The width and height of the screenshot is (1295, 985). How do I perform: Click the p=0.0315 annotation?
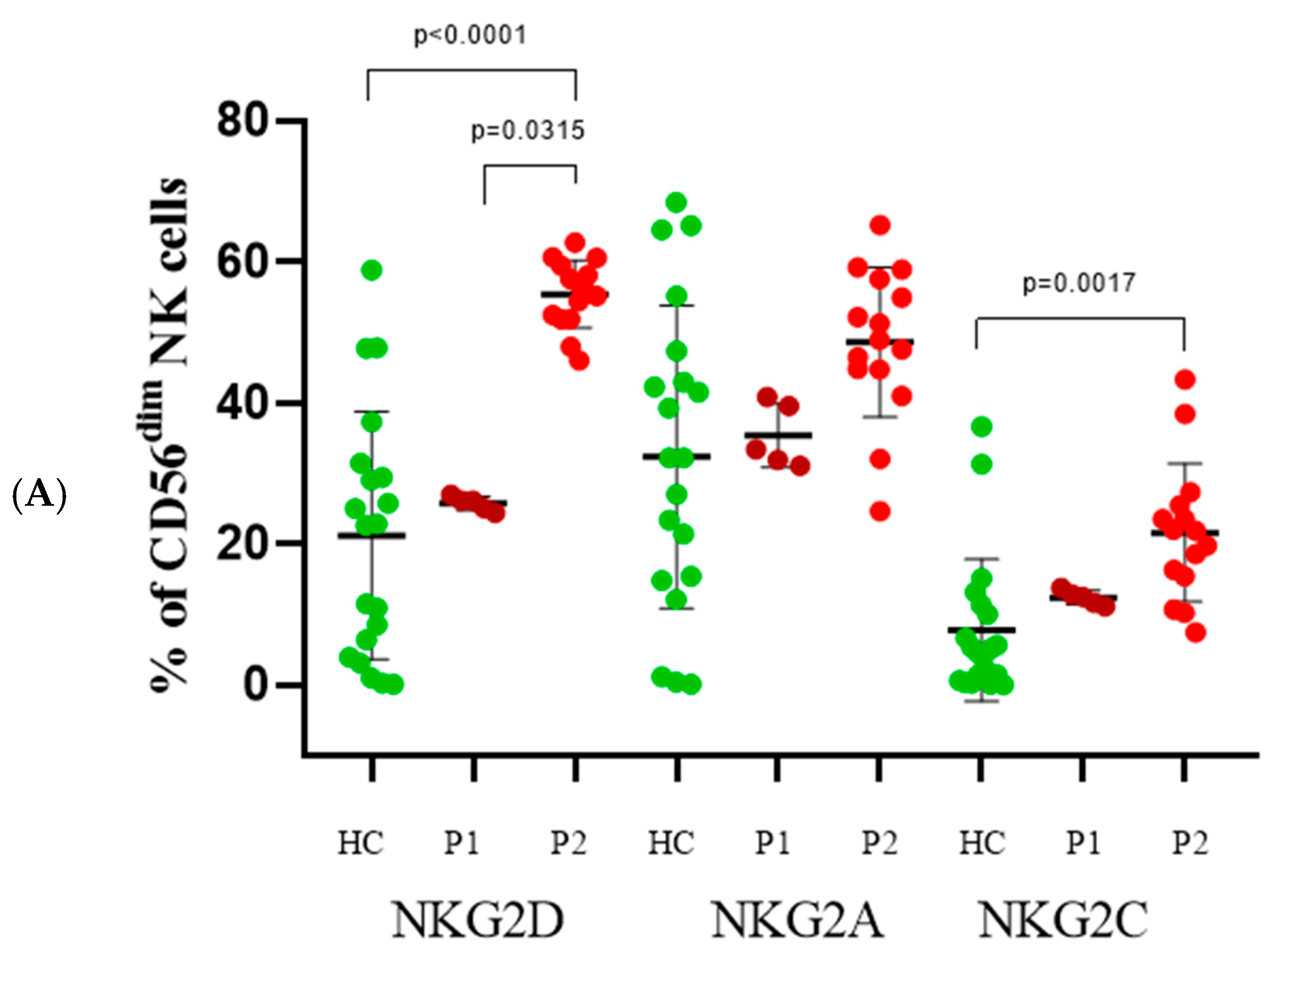click(x=528, y=131)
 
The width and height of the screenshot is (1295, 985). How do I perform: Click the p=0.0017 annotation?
click(x=1079, y=284)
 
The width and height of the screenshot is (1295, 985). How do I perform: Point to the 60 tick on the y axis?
click(x=243, y=262)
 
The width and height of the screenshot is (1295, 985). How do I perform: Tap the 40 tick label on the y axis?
click(x=243, y=404)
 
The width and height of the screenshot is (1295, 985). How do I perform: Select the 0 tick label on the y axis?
click(x=256, y=685)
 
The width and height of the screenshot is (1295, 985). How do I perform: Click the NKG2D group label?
click(x=477, y=920)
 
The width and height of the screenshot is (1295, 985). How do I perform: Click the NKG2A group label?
click(x=797, y=920)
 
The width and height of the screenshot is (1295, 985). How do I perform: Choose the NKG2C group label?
click(x=1063, y=920)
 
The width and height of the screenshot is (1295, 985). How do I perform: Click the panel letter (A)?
click(x=39, y=494)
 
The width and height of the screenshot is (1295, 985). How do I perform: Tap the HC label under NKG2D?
click(x=360, y=843)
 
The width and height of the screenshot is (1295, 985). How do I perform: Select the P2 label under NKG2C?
click(x=1190, y=843)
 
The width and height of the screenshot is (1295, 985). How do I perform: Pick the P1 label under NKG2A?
click(x=772, y=843)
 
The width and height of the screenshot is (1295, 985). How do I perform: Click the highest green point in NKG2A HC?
click(x=676, y=203)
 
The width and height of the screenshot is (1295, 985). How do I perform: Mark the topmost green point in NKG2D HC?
click(x=372, y=270)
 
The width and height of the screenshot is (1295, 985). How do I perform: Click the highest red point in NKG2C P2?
click(x=1185, y=380)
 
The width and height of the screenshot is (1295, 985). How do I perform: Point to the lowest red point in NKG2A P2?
click(x=880, y=512)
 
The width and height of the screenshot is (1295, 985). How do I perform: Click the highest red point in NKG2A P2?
click(x=880, y=225)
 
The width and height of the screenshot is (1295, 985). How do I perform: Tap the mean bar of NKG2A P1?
click(x=778, y=435)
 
